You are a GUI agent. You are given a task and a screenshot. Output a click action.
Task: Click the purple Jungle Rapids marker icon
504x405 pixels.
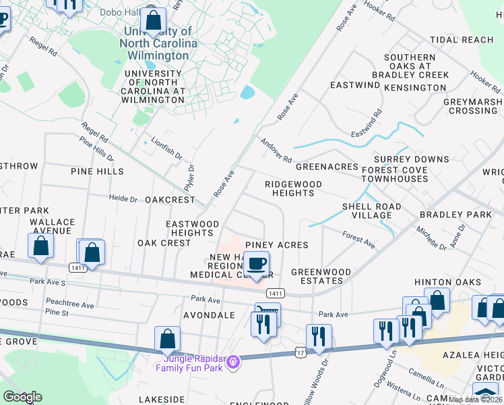(233, 363)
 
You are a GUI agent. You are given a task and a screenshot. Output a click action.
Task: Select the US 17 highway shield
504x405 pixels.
(300, 352)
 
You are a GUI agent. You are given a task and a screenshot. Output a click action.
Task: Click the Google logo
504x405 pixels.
(22, 397)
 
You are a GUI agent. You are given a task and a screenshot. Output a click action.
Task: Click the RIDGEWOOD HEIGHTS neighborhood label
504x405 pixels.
(293, 188)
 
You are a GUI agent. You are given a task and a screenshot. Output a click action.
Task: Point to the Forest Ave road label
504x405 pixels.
(358, 238)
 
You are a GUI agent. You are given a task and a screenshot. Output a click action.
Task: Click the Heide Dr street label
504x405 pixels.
(123, 198)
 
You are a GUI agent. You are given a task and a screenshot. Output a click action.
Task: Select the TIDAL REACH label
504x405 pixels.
(470, 40)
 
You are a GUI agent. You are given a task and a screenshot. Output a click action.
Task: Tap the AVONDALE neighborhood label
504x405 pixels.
(212, 315)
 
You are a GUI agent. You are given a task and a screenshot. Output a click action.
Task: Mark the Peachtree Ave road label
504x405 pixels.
(69, 304)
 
